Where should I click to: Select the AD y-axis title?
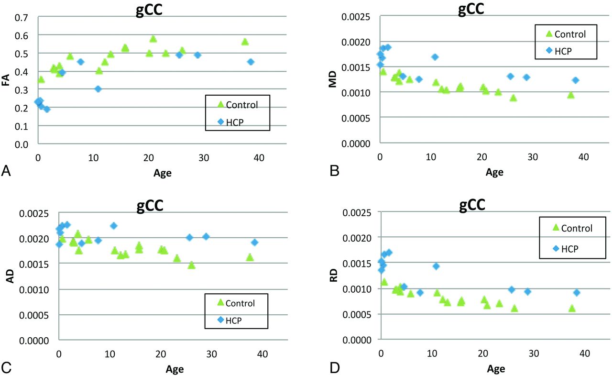click(8, 277)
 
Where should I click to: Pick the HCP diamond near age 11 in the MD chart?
click(435, 57)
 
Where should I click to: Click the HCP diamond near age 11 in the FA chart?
click(98, 89)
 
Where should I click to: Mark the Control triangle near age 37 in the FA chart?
click(245, 42)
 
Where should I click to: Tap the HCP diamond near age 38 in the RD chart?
click(577, 292)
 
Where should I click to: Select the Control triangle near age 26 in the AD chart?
click(191, 265)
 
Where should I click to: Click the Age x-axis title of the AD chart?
click(175, 369)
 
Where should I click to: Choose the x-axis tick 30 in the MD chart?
click(533, 156)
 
